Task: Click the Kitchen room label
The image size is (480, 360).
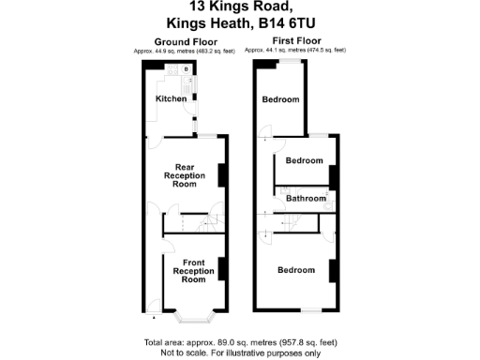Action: pyautogui.click(x=171, y=98)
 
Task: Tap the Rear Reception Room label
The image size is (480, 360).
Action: pyautogui.click(x=186, y=175)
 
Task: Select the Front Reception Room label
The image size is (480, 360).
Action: pyautogui.click(x=193, y=271)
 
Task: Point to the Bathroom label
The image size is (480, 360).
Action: pyautogui.click(x=306, y=199)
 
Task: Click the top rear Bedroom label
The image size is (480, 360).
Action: pyautogui.click(x=280, y=99)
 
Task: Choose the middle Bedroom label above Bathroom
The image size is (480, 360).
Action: pyautogui.click(x=304, y=160)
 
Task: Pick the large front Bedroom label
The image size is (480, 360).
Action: pyautogui.click(x=294, y=270)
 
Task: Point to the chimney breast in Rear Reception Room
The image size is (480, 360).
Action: pyautogui.click(x=222, y=175)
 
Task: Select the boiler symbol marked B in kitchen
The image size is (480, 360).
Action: pyautogui.click(x=186, y=69)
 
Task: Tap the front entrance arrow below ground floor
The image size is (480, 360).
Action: pyautogui.click(x=155, y=318)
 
